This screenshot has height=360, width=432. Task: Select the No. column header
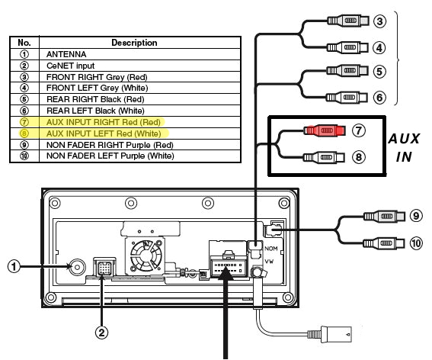[23, 43]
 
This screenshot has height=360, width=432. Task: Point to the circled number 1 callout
[13, 267]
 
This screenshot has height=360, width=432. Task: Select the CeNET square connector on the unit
[102, 266]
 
